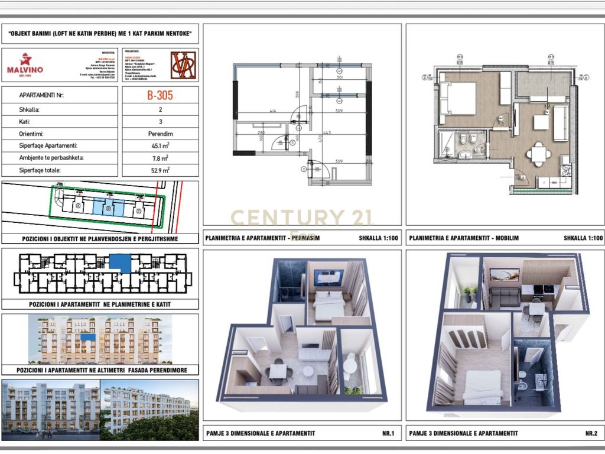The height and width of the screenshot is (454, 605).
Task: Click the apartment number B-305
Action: [x=160, y=95]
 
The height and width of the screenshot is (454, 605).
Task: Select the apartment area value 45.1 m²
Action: [x=160, y=145]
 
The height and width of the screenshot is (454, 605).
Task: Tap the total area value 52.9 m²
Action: [x=160, y=170]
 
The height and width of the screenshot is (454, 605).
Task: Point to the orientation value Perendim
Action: [x=160, y=134]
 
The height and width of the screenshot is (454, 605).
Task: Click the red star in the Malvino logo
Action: [x=25, y=59]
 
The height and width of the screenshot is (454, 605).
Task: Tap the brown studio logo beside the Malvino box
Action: [x=183, y=65]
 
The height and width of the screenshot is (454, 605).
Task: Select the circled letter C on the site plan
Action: [x=138, y=210]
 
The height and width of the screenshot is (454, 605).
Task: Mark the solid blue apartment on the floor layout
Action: [x=120, y=262]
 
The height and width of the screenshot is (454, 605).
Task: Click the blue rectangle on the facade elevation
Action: [x=88, y=336]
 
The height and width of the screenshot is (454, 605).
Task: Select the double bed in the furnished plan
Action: [x=458, y=98]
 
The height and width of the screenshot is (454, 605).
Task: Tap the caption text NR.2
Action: [x=591, y=433]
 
